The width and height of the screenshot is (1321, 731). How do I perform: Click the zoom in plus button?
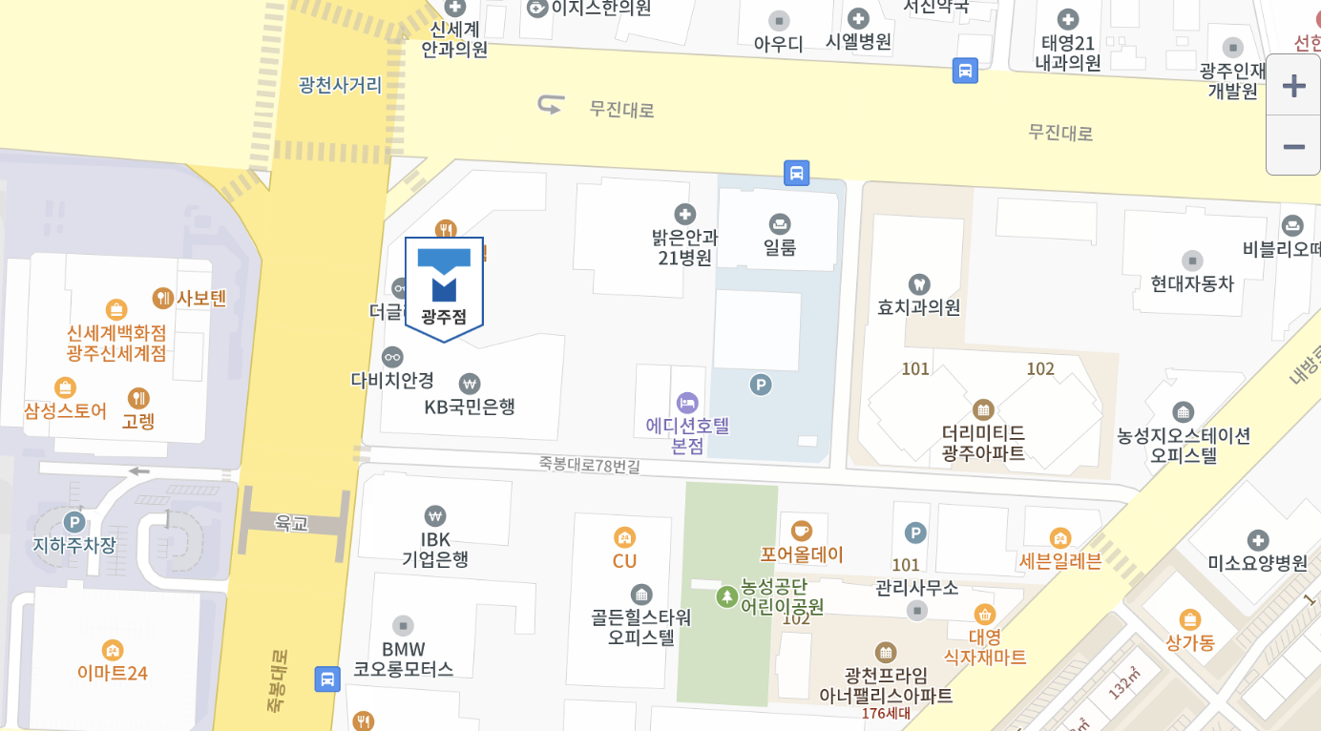tap(1293, 86)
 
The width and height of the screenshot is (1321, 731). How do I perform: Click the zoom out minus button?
tap(1293, 147)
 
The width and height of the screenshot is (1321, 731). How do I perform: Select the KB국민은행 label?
tap(470, 407)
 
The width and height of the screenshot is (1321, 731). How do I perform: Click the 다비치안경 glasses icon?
tap(392, 357)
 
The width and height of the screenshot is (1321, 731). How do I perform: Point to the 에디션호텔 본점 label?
tap(687, 435)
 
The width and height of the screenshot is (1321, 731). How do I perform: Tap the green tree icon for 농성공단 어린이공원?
tap(727, 597)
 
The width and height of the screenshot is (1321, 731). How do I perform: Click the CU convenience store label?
tap(624, 561)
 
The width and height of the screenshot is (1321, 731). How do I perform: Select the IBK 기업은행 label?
tap(435, 549)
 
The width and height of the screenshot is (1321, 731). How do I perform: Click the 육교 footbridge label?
tap(292, 523)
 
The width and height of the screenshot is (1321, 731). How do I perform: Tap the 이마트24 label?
tap(113, 673)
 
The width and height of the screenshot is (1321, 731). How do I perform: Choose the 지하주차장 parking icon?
tap(73, 522)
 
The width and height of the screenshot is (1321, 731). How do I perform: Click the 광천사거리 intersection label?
tap(340, 85)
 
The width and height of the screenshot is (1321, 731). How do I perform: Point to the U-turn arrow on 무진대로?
tap(551, 104)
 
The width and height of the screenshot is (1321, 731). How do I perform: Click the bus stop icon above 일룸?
tap(797, 173)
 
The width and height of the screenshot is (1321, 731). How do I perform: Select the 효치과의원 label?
tap(919, 307)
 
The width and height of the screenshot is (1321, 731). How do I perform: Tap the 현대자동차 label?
tap(1192, 283)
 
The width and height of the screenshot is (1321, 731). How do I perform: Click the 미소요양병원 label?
tap(1258, 563)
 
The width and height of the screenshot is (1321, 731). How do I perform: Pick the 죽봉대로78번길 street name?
tap(589, 465)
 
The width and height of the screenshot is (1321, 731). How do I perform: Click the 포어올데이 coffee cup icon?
tap(802, 531)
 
